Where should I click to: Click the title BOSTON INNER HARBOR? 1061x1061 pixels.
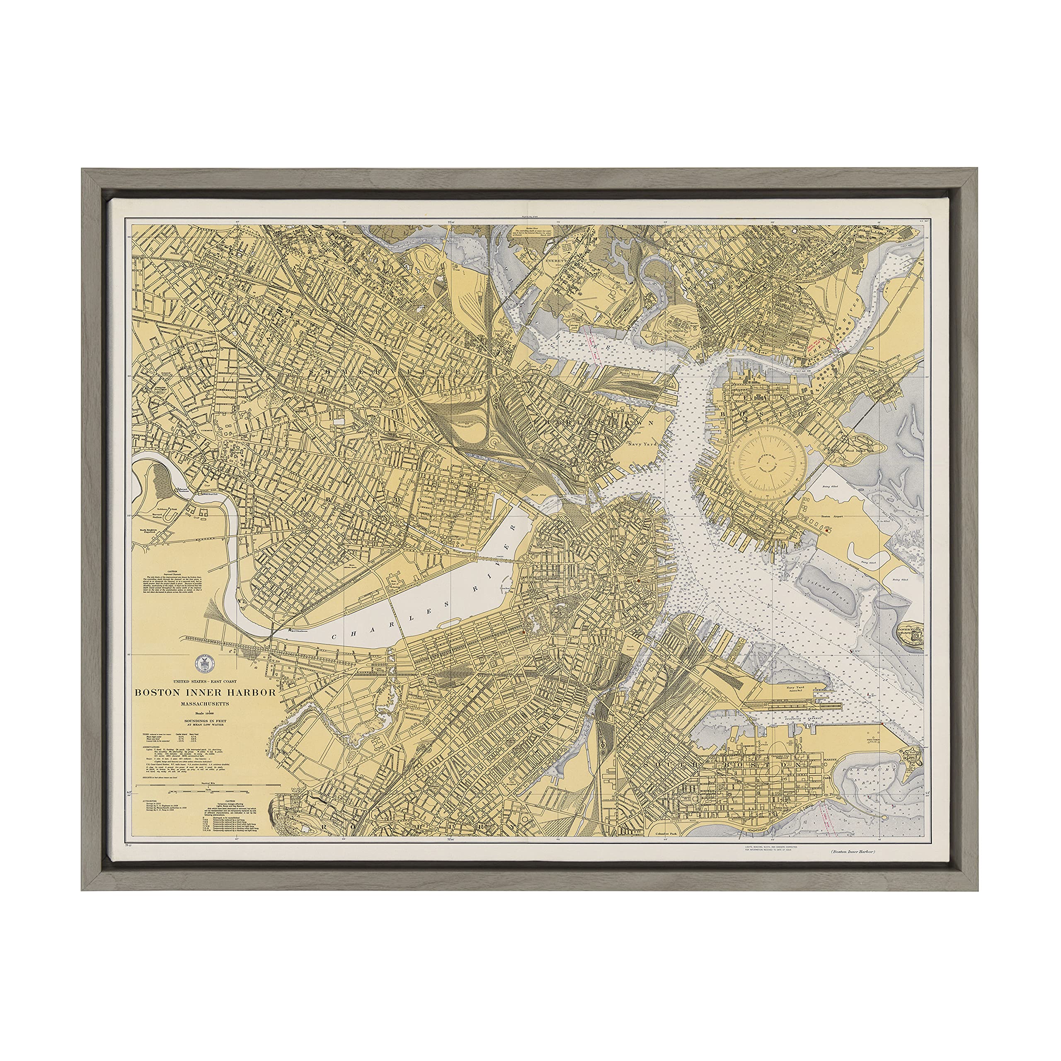[206, 693]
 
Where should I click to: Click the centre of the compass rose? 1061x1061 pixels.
[767, 460]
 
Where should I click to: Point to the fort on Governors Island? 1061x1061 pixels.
[914, 635]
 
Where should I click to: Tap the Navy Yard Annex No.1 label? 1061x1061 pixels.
[795, 689]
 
